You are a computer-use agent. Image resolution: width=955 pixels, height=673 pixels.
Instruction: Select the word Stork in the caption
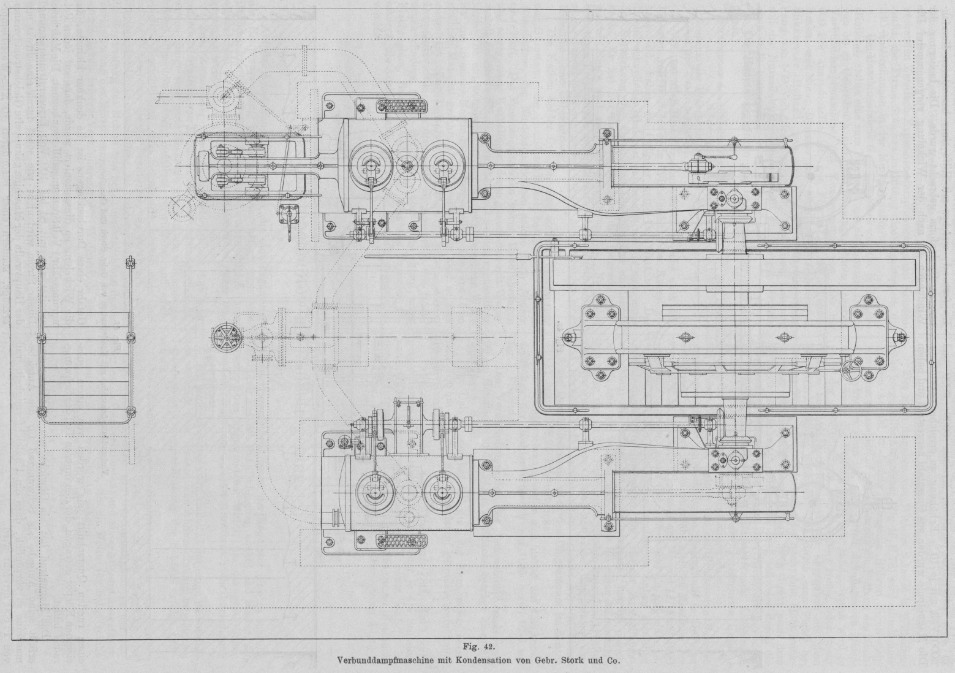[572, 661]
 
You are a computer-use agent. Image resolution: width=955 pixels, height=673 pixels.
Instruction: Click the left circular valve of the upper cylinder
[370, 164]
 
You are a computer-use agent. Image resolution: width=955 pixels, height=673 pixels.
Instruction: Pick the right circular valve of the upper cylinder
[440, 164]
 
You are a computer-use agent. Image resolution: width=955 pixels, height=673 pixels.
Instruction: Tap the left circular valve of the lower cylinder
[370, 490]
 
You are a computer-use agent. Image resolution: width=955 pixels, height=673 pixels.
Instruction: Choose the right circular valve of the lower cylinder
[440, 490]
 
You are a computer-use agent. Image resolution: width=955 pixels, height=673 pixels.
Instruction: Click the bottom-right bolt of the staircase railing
[129, 411]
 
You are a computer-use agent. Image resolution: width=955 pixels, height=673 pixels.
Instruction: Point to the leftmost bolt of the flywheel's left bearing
[570, 338]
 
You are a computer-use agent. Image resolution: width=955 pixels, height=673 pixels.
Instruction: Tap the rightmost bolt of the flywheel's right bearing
[902, 338]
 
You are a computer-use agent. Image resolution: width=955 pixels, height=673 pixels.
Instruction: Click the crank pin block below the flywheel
[734, 456]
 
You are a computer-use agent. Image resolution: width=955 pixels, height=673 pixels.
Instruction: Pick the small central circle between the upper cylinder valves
[406, 164]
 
